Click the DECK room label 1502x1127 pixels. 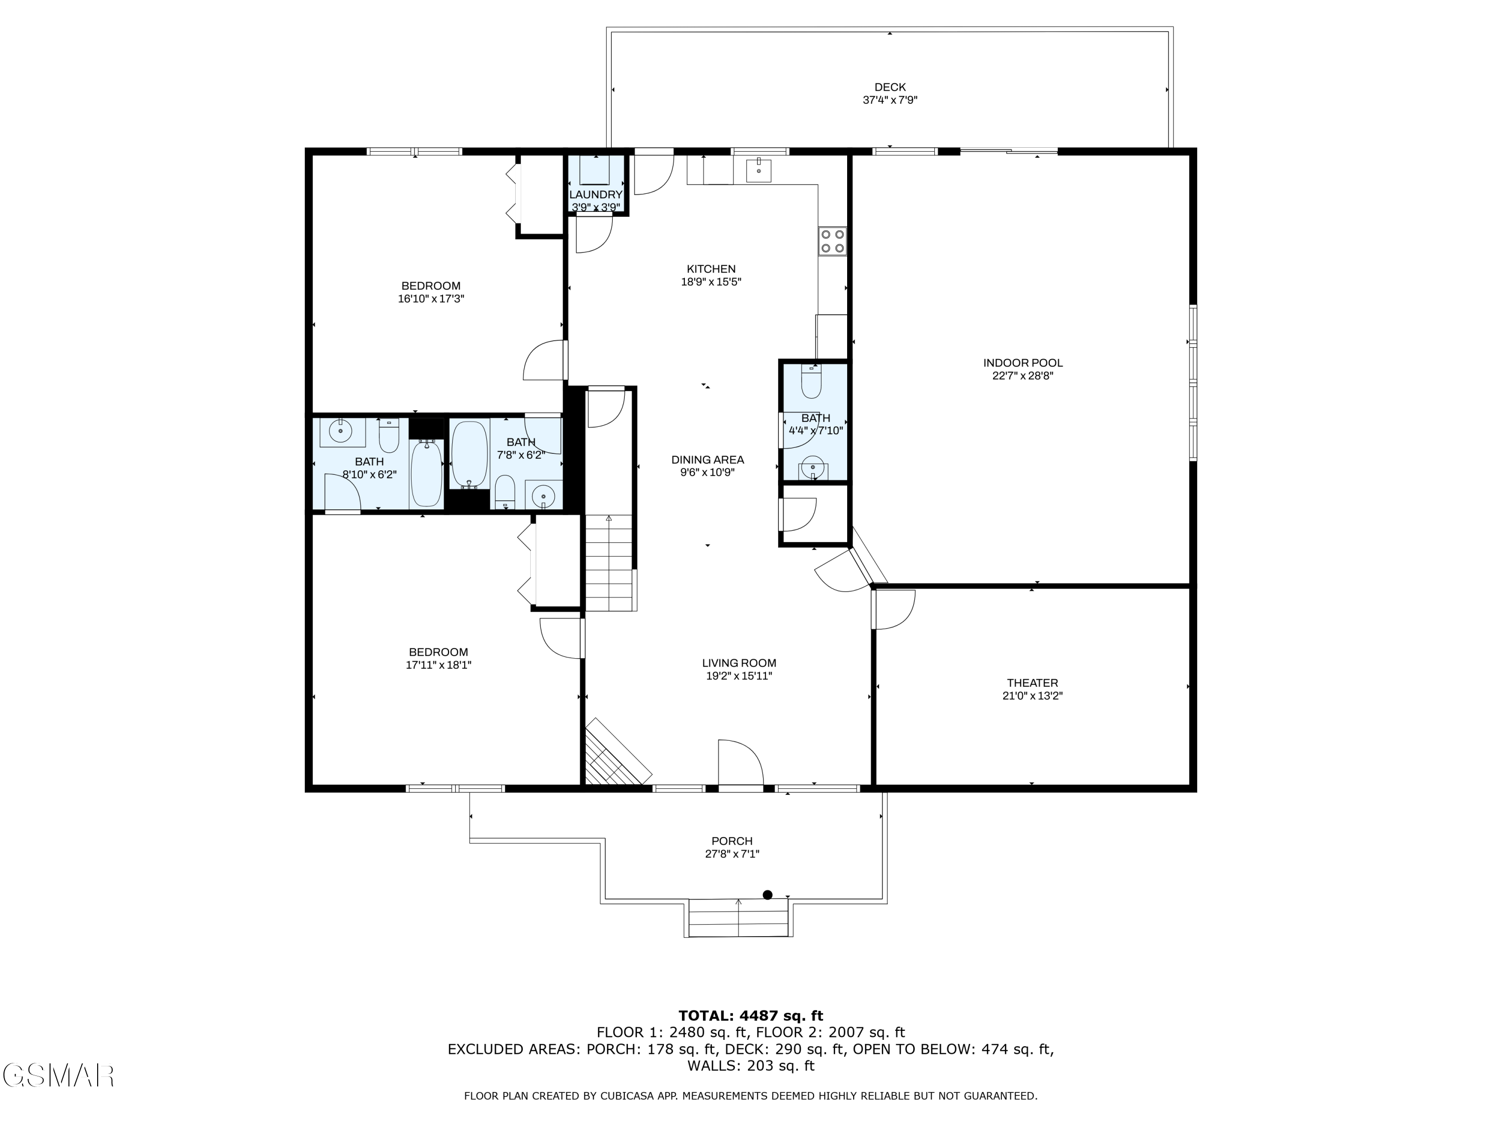[890, 87]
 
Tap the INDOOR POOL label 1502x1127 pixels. [1022, 363]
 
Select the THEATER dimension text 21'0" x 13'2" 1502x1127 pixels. [1032, 696]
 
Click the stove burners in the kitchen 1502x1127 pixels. [833, 240]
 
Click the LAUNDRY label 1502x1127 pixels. [595, 195]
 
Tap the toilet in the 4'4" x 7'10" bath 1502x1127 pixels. [812, 382]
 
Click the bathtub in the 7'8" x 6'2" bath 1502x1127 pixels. [470, 454]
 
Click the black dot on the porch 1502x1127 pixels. [768, 895]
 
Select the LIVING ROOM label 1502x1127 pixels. [739, 663]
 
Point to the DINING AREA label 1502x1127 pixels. [707, 460]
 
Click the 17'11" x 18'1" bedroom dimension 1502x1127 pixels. [439, 665]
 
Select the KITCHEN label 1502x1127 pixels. [711, 269]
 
